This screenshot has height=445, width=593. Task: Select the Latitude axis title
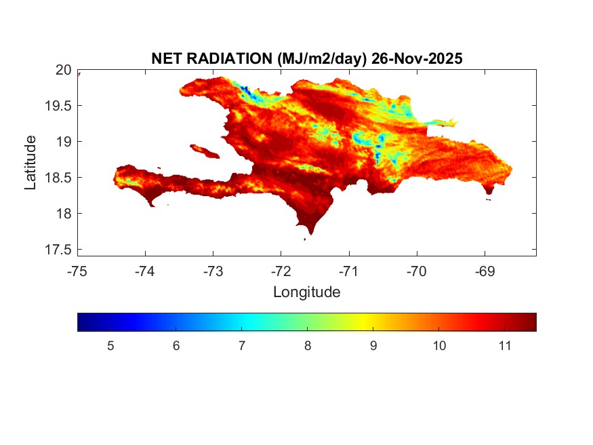click(x=30, y=162)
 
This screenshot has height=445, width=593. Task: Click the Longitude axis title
click(x=306, y=292)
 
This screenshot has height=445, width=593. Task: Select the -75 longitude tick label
click(x=77, y=272)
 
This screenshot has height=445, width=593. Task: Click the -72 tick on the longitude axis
click(x=281, y=272)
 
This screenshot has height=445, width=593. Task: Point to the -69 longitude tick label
click(x=484, y=272)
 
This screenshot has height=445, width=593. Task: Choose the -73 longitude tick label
click(x=213, y=272)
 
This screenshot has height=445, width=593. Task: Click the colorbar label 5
click(x=110, y=346)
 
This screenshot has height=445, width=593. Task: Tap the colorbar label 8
click(x=308, y=346)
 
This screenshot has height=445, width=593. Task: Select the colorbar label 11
click(x=504, y=346)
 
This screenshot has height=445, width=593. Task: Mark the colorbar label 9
click(x=373, y=346)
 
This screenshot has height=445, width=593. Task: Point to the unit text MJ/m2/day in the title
click(x=322, y=59)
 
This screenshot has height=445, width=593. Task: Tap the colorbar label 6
click(x=176, y=346)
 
